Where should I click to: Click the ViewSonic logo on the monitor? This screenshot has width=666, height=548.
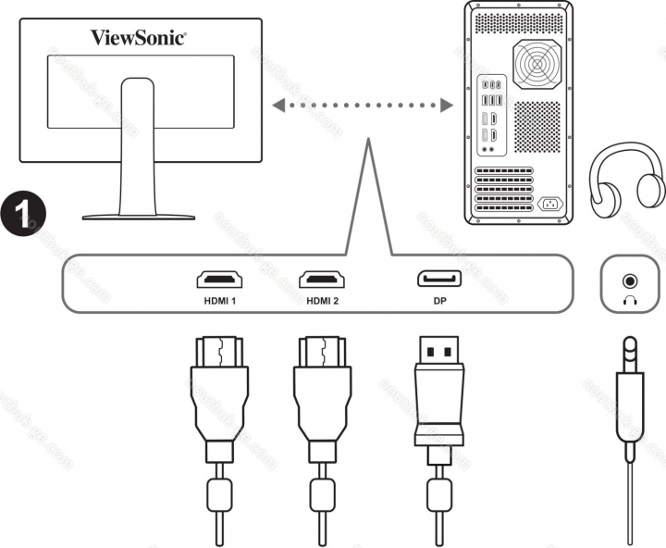click(138, 37)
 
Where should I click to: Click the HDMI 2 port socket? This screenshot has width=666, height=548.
click(322, 280)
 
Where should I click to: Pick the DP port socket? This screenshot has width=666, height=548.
click(439, 280)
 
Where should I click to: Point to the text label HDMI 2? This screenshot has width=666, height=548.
click(322, 300)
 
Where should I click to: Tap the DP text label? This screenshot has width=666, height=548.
click(439, 300)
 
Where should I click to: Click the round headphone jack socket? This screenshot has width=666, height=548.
click(632, 279)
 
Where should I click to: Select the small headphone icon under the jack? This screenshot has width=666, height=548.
click(632, 298)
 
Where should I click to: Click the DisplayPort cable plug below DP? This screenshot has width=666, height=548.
click(438, 389)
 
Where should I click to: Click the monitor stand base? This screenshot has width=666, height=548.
click(139, 215)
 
